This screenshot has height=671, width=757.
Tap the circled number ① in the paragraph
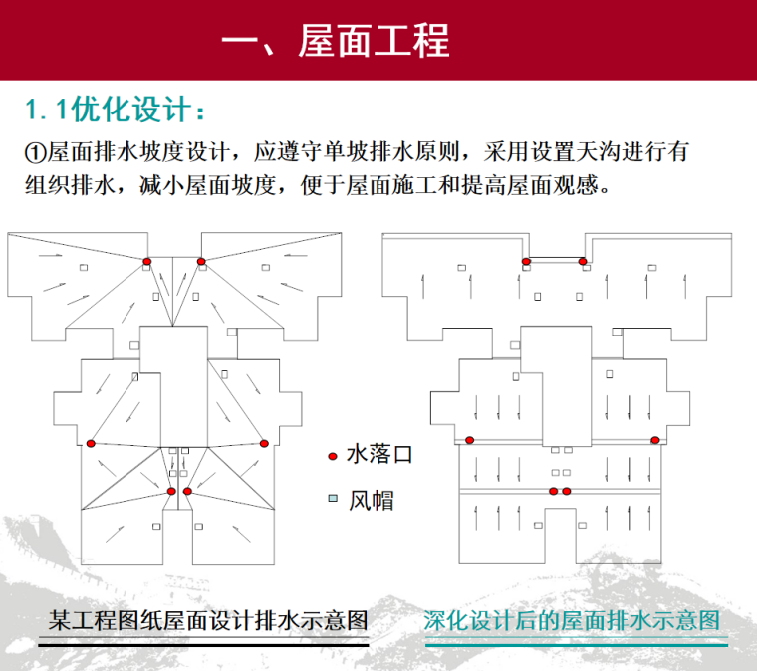click(35, 153)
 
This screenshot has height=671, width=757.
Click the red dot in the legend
click(332, 456)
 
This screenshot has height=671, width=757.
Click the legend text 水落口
click(378, 456)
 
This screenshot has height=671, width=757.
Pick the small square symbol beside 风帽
click(332, 498)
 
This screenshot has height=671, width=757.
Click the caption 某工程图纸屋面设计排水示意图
click(208, 620)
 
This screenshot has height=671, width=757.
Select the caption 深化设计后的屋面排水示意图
click(572, 620)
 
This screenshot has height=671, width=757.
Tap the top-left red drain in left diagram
click(146, 261)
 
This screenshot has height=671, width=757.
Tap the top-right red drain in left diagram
click(201, 261)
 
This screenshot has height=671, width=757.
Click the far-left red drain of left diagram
click(91, 443)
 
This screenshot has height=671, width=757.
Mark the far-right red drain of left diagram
click(264, 443)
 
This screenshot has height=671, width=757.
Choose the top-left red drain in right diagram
click(526, 261)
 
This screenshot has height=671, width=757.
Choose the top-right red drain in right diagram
click(583, 261)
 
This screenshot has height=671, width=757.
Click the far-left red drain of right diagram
click(470, 440)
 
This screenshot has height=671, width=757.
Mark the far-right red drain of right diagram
click(655, 440)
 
